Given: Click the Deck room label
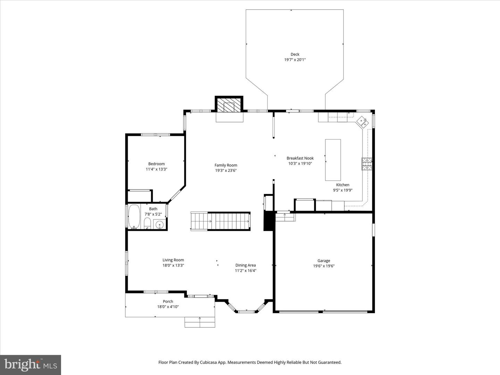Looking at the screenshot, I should (295, 54).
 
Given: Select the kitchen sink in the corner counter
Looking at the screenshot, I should (363, 122).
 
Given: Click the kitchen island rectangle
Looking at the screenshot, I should (333, 160).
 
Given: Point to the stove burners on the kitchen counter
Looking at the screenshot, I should (367, 164).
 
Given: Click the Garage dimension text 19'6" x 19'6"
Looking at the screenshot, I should (324, 266).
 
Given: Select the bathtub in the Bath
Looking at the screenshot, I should (134, 217).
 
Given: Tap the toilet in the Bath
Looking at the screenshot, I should (147, 223).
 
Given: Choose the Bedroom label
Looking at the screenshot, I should (156, 164).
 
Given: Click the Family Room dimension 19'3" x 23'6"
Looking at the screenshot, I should (226, 170).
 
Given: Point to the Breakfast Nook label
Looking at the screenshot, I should (300, 158).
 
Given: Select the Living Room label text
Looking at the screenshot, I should (173, 260).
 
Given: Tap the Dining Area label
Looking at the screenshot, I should (245, 265).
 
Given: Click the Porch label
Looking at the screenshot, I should (168, 301).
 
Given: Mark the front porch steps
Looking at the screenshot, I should (200, 322).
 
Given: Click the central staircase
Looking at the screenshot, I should (220, 221).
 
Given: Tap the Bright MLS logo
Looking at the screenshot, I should (31, 365).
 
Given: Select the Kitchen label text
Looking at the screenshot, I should (342, 185).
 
